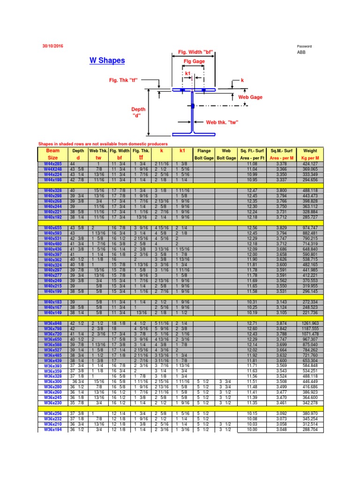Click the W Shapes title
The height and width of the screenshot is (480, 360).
(x=107, y=60)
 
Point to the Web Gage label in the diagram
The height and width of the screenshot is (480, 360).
(x=250, y=97)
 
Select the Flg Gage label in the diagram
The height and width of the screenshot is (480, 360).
(x=194, y=61)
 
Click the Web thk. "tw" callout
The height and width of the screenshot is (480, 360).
(x=223, y=122)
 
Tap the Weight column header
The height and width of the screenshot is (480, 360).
(x=310, y=151)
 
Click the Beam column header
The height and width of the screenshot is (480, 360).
(x=53, y=151)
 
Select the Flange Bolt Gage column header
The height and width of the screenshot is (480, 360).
(x=204, y=154)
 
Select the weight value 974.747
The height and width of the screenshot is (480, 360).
(x=310, y=227)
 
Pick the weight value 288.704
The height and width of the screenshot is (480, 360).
(x=310, y=429)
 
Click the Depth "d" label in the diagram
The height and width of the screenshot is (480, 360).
(x=138, y=112)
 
